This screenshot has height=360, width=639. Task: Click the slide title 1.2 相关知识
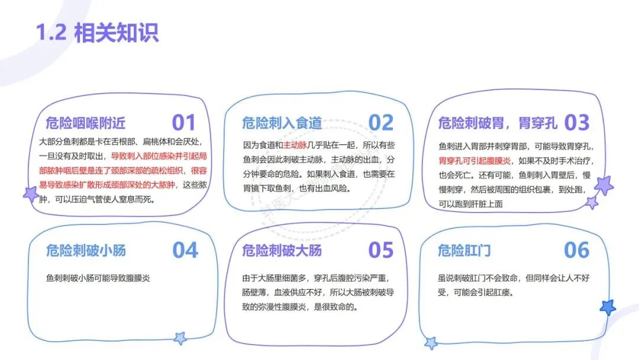[98, 33]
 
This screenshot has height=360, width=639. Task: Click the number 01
[183, 123]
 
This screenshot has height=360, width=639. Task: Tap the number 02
[380, 123]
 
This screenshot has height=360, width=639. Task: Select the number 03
[577, 123]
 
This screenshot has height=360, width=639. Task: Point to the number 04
[185, 250]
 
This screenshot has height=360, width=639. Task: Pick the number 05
[380, 250]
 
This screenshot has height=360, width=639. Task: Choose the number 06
[577, 250]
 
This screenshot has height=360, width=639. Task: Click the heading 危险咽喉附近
[86, 123]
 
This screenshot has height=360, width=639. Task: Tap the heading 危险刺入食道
[282, 123]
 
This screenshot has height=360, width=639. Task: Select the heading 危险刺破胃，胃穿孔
[498, 123]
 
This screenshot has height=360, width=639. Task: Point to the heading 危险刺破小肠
[86, 250]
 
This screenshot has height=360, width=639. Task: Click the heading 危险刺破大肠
[282, 250]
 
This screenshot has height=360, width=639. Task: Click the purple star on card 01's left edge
[30, 194]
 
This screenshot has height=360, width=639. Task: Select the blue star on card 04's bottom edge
[180, 339]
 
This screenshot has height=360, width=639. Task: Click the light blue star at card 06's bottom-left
[431, 343]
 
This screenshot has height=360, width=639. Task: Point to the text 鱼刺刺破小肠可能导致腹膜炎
[98, 277]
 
